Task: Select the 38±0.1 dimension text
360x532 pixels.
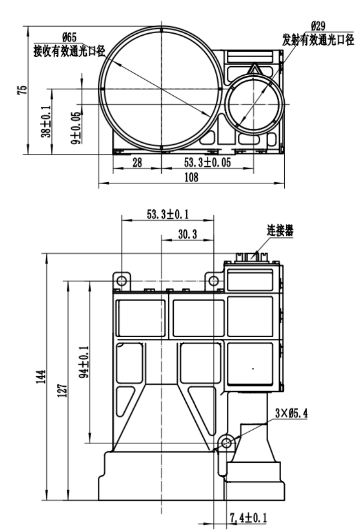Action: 46,122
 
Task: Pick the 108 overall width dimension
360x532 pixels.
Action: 191,177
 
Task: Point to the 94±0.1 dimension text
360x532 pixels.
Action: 86,361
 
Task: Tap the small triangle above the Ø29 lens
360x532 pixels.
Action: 255,69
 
